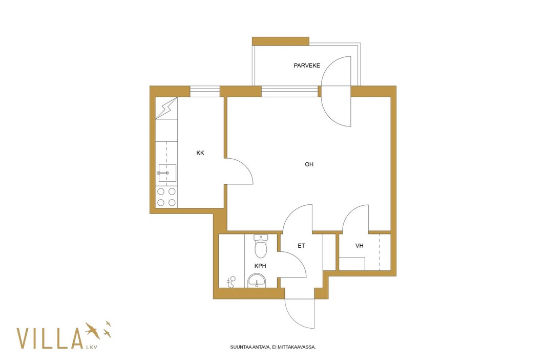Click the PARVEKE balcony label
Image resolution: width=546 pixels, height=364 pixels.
point(307,66)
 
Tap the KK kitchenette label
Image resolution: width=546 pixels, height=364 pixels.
point(200,153)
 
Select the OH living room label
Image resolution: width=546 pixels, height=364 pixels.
point(309,164)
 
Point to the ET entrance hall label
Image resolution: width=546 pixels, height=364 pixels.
point(302,246)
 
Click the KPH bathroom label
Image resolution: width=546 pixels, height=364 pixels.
point(261,266)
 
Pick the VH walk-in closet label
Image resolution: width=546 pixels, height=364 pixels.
point(360,246)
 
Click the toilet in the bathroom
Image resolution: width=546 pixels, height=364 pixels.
point(261,246)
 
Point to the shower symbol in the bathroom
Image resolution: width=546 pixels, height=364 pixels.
point(231,282)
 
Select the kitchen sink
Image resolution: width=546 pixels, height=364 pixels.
point(167,173)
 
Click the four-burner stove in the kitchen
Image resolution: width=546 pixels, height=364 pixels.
point(166,197)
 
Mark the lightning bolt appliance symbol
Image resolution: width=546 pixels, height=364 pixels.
point(166,108)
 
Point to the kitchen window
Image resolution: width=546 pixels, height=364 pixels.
point(205,92)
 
